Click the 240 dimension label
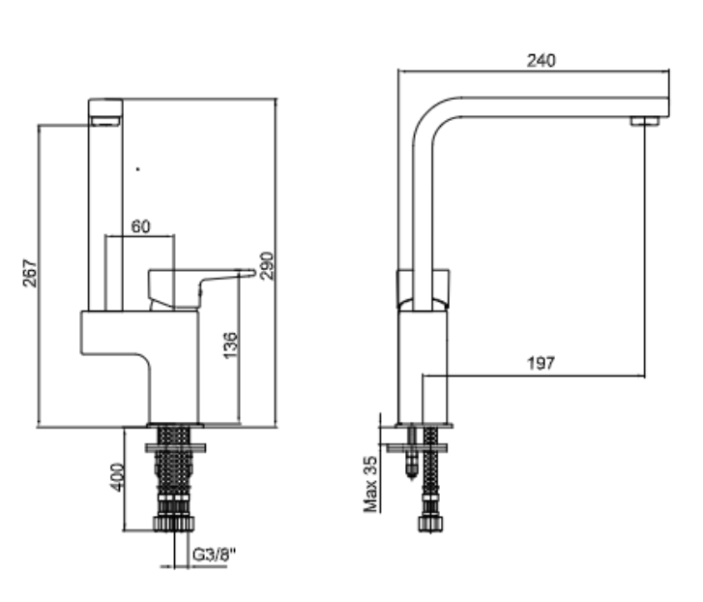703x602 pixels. click(x=542, y=61)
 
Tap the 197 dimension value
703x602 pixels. click(x=542, y=363)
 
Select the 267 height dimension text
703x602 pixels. click(x=30, y=273)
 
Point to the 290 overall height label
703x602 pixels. click(x=266, y=266)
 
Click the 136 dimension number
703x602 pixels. click(x=230, y=346)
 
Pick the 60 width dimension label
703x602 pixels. click(x=141, y=226)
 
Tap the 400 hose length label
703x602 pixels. click(x=117, y=477)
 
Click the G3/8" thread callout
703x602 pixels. click(x=214, y=555)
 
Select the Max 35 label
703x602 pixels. click(x=370, y=485)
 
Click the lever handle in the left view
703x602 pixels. click(x=201, y=287)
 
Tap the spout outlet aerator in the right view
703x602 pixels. click(x=645, y=121)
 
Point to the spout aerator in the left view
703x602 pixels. click(x=105, y=121)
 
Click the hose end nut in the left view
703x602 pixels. click(x=174, y=524)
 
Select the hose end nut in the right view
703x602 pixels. click(x=431, y=524)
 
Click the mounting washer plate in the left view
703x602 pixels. click(x=175, y=448)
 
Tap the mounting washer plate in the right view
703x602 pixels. click(x=417, y=448)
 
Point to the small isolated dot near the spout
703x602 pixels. click(x=137, y=169)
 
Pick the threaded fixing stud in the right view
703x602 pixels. click(x=412, y=452)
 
